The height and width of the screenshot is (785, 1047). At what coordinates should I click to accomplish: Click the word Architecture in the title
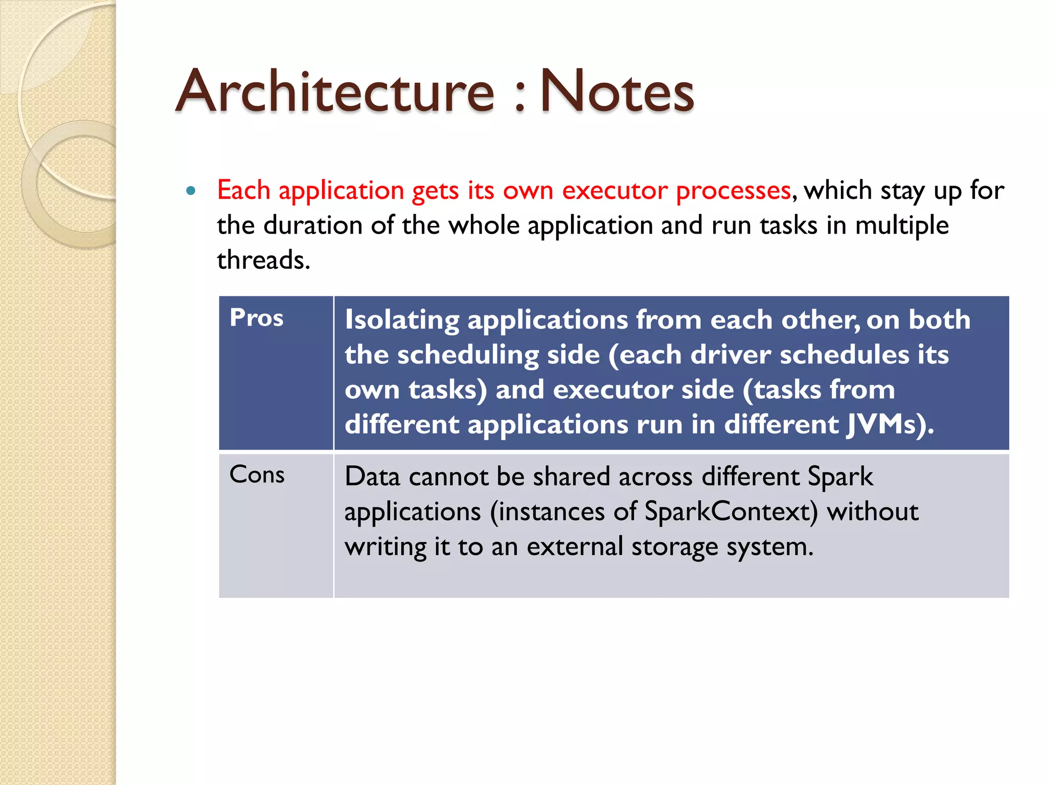click(335, 92)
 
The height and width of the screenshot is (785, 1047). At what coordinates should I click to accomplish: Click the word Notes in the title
click(617, 92)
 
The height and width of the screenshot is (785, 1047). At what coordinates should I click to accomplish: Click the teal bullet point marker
click(191, 191)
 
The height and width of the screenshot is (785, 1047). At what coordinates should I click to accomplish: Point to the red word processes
click(733, 191)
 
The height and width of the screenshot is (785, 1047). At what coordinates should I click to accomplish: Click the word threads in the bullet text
click(263, 260)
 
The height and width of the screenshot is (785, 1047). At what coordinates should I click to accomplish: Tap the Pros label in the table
click(256, 318)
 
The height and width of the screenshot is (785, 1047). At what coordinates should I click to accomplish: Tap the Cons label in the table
click(257, 475)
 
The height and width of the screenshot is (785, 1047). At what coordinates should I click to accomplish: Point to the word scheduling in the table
click(468, 355)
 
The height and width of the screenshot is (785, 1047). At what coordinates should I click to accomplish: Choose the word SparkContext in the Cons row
click(731, 512)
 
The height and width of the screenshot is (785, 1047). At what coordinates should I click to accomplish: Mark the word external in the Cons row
click(575, 546)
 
